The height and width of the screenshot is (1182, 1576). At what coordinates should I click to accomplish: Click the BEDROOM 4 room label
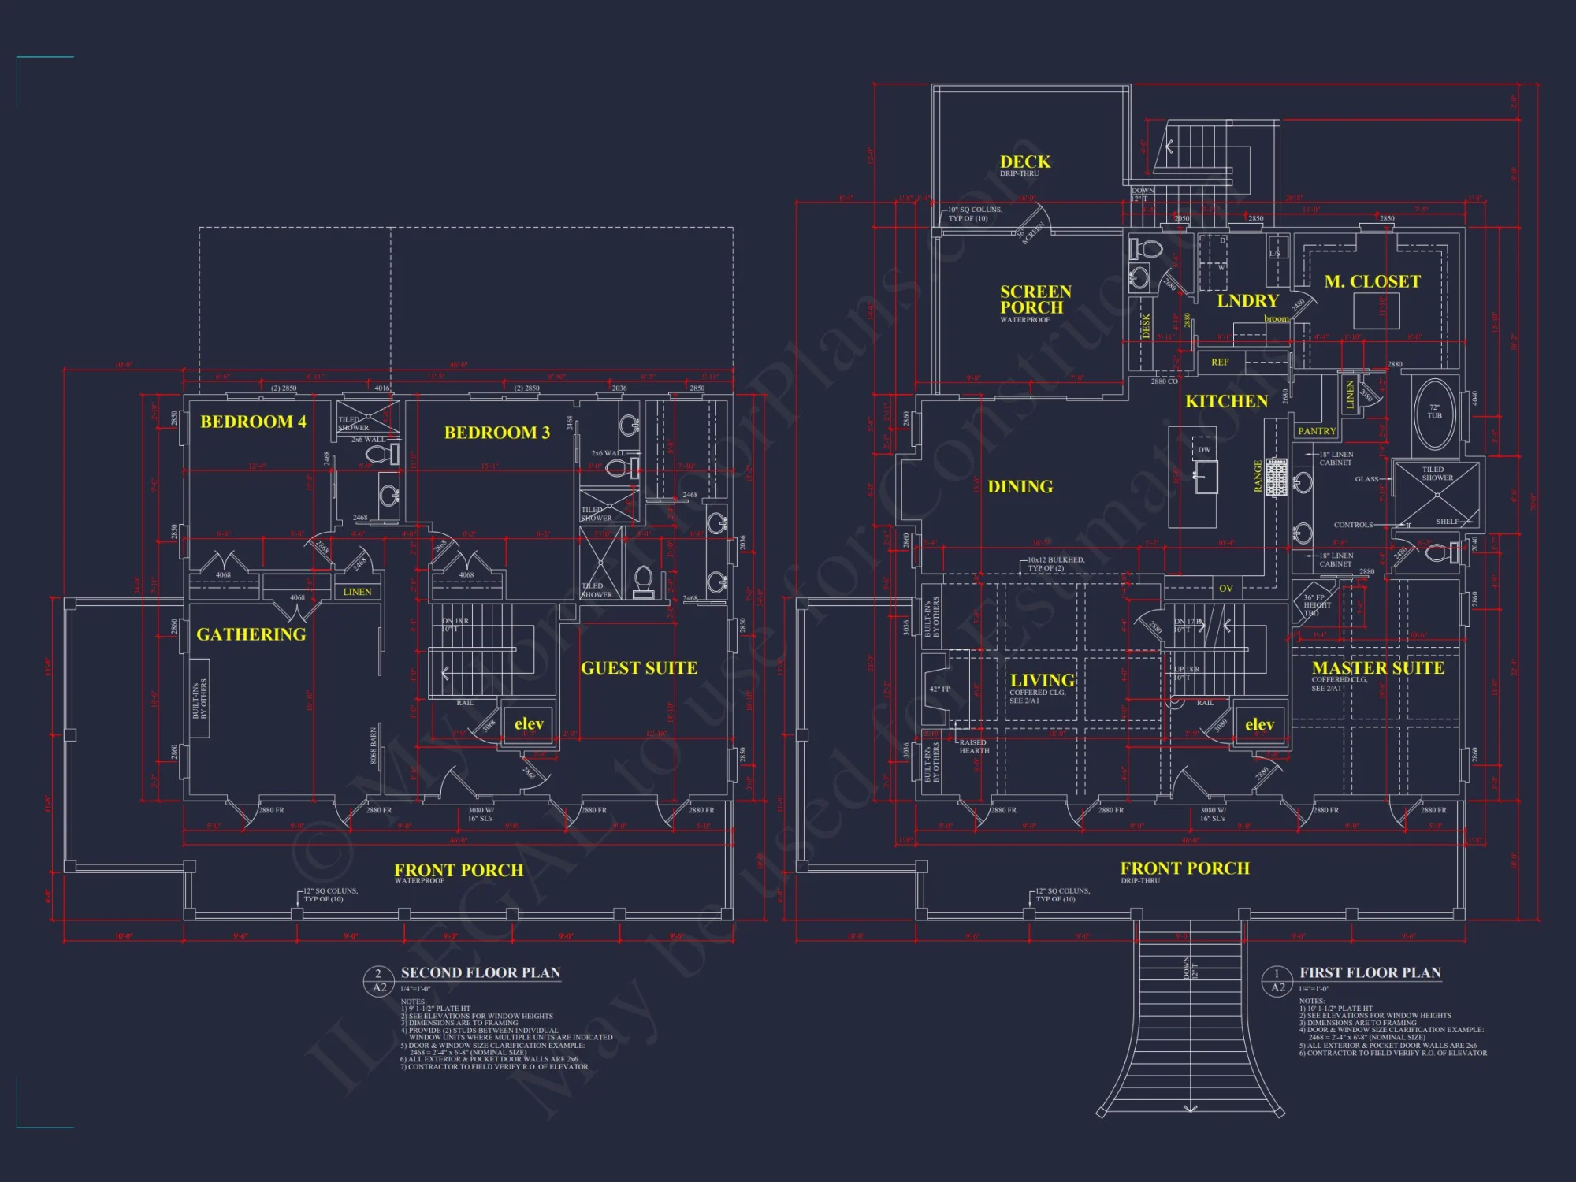(x=253, y=422)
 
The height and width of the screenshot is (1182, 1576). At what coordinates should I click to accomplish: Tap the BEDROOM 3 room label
(x=496, y=433)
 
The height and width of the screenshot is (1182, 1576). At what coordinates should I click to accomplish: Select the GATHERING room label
(x=251, y=634)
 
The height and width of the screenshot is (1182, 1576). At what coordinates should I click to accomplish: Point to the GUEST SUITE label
(x=639, y=668)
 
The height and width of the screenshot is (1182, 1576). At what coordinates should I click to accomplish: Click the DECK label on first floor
(x=1024, y=162)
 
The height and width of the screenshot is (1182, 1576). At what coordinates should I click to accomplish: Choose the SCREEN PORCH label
(x=1035, y=299)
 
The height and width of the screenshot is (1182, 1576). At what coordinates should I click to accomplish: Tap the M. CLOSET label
(x=1372, y=281)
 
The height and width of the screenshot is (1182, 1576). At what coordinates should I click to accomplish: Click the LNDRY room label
(x=1247, y=300)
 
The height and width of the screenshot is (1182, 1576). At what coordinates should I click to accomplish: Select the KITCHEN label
(x=1226, y=401)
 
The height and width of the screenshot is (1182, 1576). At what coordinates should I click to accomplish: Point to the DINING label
(x=1020, y=487)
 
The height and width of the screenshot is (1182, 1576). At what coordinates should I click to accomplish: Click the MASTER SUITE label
(x=1377, y=667)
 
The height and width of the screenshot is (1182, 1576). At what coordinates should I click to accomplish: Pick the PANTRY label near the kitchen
(x=1317, y=431)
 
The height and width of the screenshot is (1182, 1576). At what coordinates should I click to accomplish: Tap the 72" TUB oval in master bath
(x=1434, y=411)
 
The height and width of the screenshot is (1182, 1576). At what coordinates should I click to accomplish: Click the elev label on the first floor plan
(x=1259, y=724)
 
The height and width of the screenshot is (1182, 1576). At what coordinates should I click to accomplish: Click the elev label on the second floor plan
(x=529, y=723)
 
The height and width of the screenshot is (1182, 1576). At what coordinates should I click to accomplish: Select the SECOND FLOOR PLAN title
(x=481, y=972)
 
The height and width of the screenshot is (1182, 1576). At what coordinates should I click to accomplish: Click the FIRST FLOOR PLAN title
(x=1370, y=972)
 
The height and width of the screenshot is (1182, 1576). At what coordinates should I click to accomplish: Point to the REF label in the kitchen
(x=1219, y=362)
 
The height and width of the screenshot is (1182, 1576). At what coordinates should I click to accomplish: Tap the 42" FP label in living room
(x=939, y=689)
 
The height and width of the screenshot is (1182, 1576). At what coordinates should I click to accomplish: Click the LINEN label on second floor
(x=357, y=592)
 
